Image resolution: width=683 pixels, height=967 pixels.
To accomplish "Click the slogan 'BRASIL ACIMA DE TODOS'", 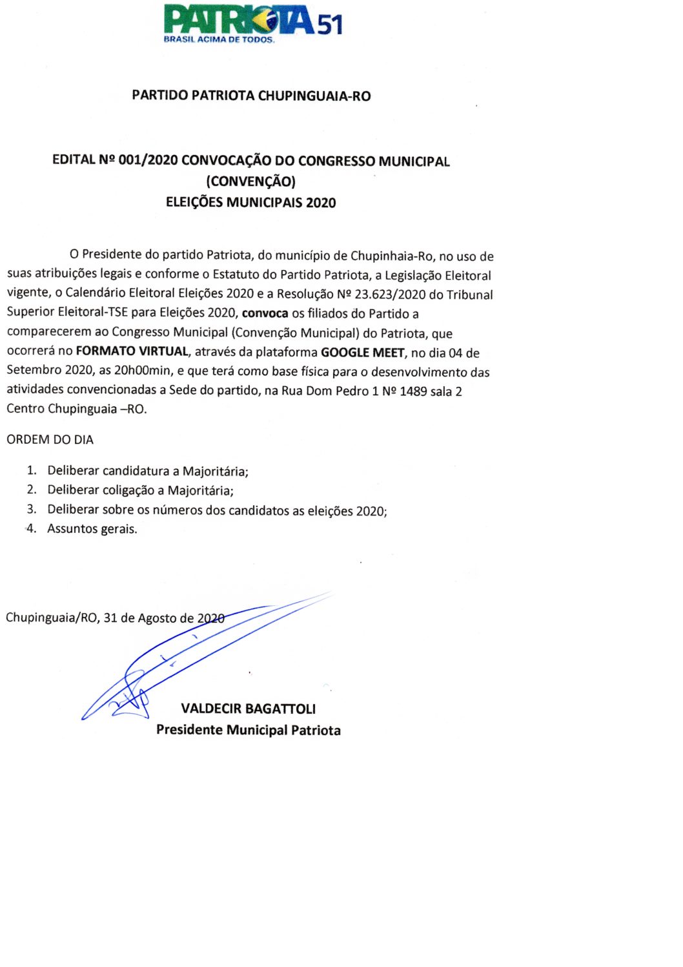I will pyautogui.click(x=219, y=39).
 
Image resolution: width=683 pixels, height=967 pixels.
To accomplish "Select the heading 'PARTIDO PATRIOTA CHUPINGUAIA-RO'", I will pyautogui.click(x=251, y=96).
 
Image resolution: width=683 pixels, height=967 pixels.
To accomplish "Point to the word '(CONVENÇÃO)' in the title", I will pyautogui.click(x=250, y=181).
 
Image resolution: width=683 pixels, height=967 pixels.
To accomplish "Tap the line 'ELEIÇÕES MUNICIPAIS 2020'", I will pyautogui.click(x=250, y=202).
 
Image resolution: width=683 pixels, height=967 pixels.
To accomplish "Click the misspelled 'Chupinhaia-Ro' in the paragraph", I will pyautogui.click(x=391, y=256).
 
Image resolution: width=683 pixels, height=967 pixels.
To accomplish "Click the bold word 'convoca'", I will pyautogui.click(x=265, y=314).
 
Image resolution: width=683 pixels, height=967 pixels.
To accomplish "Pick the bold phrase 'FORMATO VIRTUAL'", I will pyautogui.click(x=132, y=351).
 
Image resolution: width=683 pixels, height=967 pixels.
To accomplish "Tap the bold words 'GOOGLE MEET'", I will pyautogui.click(x=362, y=353).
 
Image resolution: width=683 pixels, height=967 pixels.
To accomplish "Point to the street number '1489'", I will pyautogui.click(x=413, y=391).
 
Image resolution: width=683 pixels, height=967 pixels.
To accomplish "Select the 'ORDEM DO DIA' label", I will pyautogui.click(x=50, y=440).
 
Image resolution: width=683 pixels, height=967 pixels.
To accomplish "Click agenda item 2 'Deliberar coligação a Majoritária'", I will pyautogui.click(x=140, y=490).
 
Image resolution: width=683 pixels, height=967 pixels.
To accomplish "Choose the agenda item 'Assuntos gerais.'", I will pyautogui.click(x=92, y=529).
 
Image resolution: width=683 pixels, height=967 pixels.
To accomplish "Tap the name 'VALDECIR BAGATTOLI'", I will pyautogui.click(x=249, y=709).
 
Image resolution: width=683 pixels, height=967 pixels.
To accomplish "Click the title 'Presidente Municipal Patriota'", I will pyautogui.click(x=249, y=730).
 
